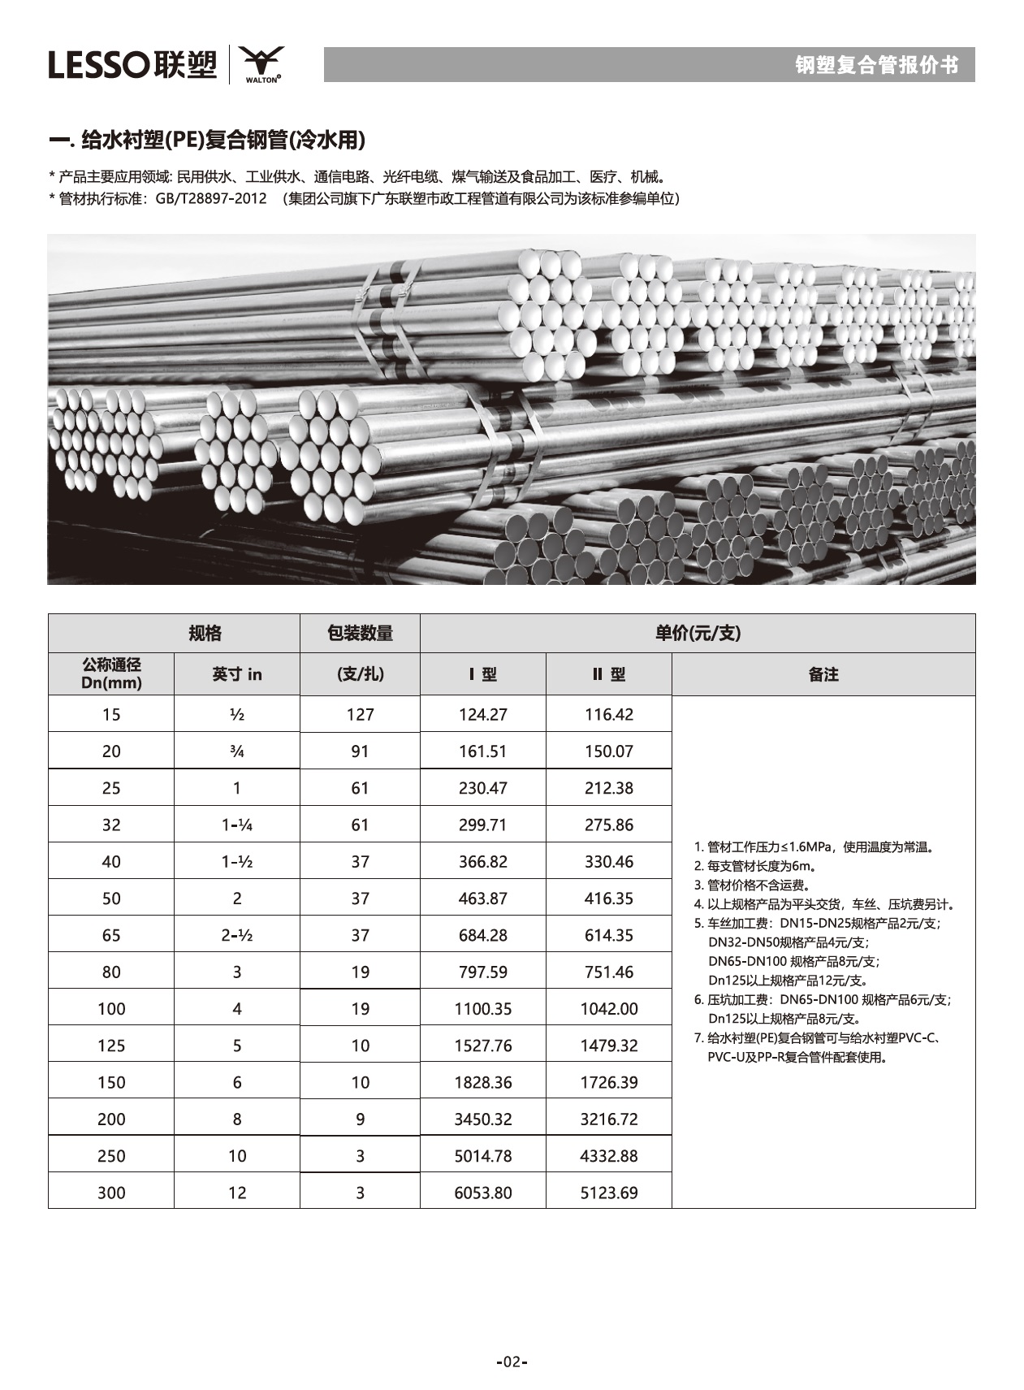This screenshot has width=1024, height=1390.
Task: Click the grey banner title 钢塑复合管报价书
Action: pos(876,65)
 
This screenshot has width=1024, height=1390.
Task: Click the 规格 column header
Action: pos(205,633)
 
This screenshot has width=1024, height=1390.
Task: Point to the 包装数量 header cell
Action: pos(360,633)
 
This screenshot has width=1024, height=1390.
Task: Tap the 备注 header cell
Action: pos(823,674)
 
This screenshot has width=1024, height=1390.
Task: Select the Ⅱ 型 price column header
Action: pos(608,674)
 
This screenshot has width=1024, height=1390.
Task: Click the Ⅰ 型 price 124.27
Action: pos(482,714)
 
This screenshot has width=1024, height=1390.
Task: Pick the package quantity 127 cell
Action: pos(360,714)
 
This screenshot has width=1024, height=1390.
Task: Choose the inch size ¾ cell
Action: pos(237,751)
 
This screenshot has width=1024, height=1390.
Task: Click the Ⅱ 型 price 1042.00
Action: pos(608,1008)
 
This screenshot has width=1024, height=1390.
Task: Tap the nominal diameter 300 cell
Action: pos(111,1193)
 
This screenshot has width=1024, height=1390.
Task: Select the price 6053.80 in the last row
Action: pos(482,1193)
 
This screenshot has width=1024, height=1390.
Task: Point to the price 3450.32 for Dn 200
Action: pos(482,1119)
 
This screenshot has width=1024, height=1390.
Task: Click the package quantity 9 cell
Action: pos(360,1119)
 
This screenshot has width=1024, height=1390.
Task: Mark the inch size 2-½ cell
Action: pos(237,935)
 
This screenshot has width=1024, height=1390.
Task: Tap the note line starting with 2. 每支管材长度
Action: pos(755,866)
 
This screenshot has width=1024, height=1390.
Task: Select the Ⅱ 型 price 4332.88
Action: pos(608,1155)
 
